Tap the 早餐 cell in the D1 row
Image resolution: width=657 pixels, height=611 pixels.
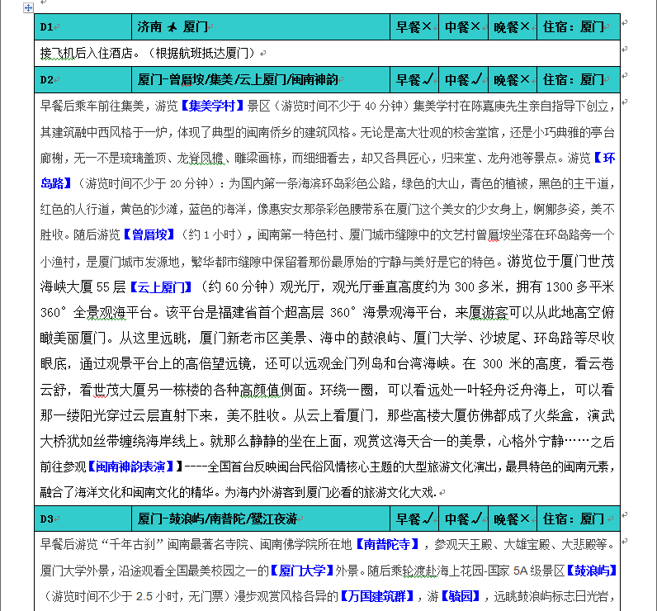point(414,27)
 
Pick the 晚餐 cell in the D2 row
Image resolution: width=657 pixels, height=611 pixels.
point(512,80)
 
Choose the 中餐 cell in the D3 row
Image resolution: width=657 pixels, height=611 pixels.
point(463,519)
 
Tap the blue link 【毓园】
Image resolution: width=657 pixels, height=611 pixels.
point(462,595)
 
